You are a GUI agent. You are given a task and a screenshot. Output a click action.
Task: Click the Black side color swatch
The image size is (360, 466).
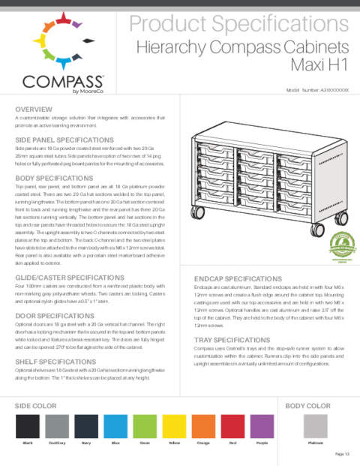point(28,427)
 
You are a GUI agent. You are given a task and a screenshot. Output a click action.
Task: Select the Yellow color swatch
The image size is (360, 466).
point(175,427)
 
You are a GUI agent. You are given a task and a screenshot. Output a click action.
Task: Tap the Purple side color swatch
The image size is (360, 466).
point(262,427)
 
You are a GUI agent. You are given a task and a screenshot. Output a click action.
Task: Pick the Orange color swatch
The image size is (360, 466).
point(204,427)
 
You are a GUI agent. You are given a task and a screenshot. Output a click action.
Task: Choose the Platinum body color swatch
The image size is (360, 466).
point(315,427)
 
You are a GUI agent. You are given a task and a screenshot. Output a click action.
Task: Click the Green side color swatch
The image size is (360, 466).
point(145,427)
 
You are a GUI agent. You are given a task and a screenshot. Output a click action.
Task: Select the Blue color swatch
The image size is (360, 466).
point(115,427)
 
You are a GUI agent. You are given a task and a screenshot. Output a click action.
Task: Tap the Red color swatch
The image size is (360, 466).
point(233,427)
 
